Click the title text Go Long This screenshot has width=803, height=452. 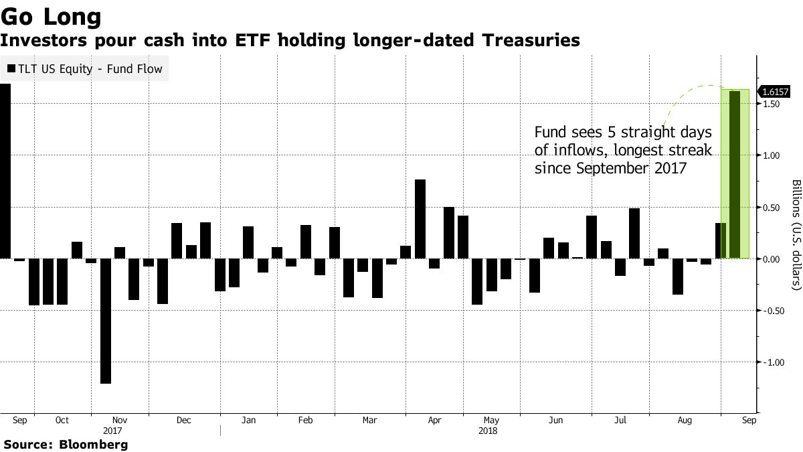point(51,15)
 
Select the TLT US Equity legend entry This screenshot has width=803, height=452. point(85,68)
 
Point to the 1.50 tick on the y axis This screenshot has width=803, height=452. point(772,104)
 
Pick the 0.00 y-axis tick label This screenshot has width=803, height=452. point(772,259)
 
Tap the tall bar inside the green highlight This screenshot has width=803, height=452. point(735,175)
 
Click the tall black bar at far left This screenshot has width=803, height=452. point(5,171)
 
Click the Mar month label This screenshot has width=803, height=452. point(369,421)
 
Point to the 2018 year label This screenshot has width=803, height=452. point(488,432)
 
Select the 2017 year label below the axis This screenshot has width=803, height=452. point(113,432)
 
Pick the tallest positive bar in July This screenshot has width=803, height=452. point(634,233)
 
